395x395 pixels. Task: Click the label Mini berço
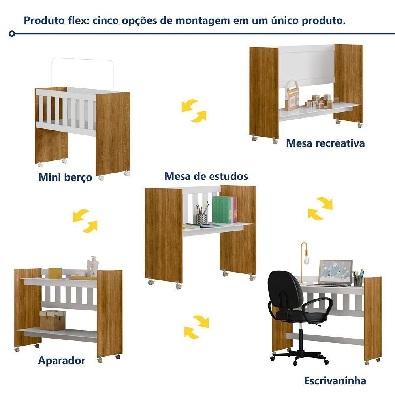click(65, 177)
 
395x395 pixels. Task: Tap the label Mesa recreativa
click(325, 143)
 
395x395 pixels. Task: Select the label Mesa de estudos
click(206, 176)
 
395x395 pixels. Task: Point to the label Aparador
click(62, 361)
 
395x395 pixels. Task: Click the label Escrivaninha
click(335, 380)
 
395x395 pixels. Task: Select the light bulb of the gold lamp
click(307, 260)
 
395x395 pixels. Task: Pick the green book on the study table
click(222, 210)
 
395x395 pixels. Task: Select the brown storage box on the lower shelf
click(53, 320)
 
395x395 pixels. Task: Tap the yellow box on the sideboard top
click(55, 273)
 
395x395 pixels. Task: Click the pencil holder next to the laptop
click(358, 278)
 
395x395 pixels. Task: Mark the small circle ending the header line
click(12, 34)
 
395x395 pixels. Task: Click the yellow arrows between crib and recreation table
click(194, 111)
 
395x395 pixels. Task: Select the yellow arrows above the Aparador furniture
click(85, 221)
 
